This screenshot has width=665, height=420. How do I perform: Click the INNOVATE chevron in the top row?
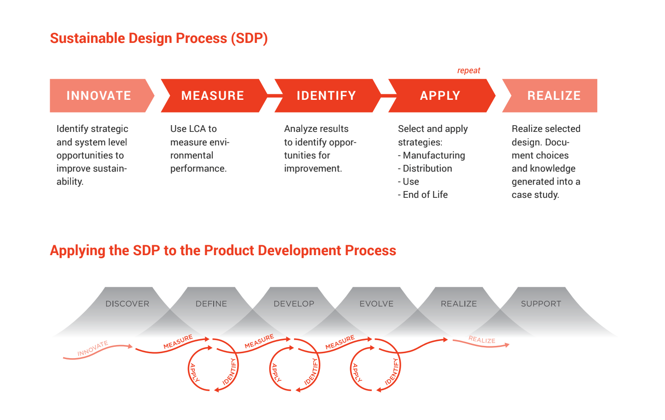tap(101, 96)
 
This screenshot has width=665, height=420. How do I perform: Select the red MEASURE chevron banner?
tap(214, 96)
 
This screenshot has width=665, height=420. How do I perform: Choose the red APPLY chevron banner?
tap(441, 96)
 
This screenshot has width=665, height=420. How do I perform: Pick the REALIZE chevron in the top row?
tap(551, 96)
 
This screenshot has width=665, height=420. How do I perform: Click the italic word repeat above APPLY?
tap(468, 70)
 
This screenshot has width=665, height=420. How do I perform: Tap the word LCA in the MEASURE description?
tap(193, 129)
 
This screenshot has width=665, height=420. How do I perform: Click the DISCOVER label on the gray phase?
tap(127, 303)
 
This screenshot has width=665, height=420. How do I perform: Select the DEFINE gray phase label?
tap(211, 303)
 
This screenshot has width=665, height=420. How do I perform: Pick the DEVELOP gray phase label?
tap(294, 303)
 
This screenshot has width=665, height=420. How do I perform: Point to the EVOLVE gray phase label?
tap(376, 303)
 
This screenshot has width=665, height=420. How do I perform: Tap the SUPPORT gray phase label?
tap(541, 303)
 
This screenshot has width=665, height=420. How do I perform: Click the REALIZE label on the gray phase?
tap(459, 303)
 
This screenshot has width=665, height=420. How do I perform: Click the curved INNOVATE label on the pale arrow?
tap(93, 348)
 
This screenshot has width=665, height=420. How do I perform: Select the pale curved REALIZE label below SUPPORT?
tap(482, 339)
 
